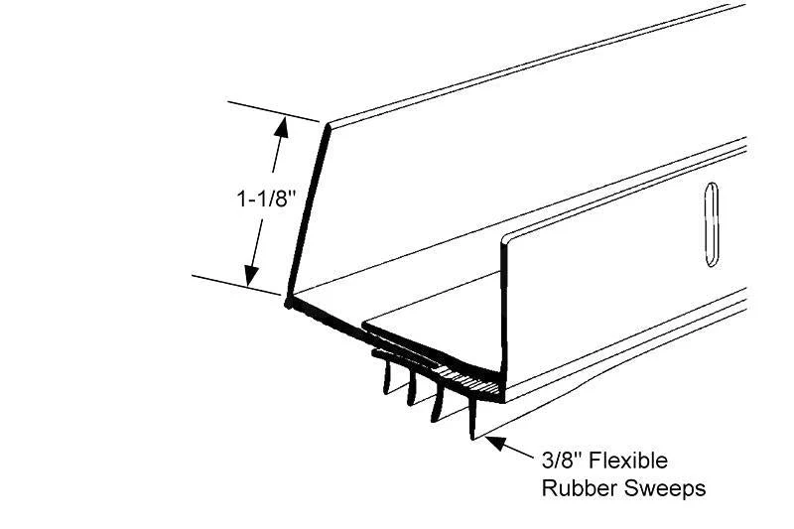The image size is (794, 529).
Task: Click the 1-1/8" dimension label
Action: click(265, 198)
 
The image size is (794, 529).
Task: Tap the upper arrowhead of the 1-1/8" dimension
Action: click(281, 128)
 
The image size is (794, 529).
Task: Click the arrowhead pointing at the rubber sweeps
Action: click(496, 443)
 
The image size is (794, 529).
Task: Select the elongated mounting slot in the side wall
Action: click(712, 224)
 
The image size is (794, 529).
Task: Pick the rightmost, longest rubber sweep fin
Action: click(473, 418)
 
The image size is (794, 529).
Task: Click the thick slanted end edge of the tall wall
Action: click(308, 213)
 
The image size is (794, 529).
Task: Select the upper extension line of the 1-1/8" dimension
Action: click(274, 111)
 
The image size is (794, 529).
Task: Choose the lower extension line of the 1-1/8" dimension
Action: click(236, 285)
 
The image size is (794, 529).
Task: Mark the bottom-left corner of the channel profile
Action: click(288, 304)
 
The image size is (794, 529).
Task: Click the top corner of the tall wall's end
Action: click(328, 125)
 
